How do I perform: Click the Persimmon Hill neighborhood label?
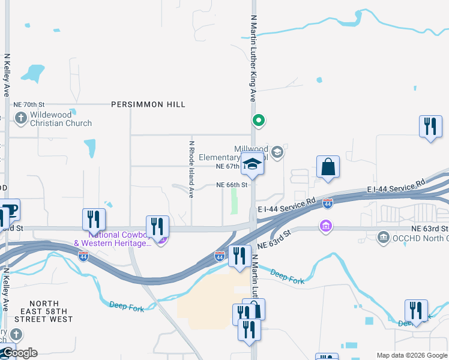click(148, 104)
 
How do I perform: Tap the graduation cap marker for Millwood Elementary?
click(253, 164)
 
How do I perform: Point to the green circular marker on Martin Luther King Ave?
click(259, 121)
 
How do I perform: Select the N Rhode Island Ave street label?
click(191, 170)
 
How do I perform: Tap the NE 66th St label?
click(232, 185)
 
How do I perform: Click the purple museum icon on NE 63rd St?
click(325, 227)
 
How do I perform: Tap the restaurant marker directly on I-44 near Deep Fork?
click(240, 256)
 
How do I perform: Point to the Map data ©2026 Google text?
click(412, 355)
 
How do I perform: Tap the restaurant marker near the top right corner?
click(430, 127)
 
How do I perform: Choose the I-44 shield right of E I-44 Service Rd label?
click(327, 204)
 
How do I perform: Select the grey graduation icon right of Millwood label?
click(277, 152)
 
